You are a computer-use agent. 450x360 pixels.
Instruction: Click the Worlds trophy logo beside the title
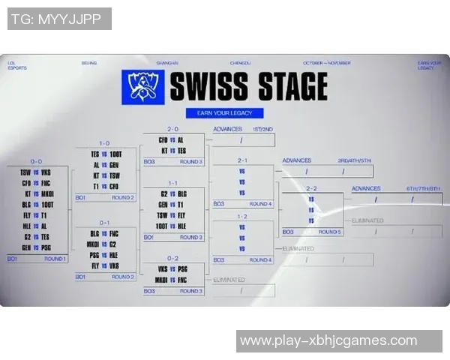[143, 88]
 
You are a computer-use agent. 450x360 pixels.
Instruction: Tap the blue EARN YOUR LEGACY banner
[225, 113]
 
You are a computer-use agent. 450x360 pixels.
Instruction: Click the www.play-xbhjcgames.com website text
[328, 341]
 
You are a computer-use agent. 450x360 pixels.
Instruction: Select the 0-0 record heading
[36, 161]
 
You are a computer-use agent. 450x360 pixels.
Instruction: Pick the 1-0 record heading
[104, 143]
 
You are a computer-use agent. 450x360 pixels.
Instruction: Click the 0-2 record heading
[172, 257]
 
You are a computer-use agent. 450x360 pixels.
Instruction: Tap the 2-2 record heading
[312, 188]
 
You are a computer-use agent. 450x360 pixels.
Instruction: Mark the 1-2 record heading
[242, 217]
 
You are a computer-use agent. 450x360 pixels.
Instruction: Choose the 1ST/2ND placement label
[262, 129]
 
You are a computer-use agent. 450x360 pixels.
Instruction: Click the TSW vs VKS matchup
[36, 172]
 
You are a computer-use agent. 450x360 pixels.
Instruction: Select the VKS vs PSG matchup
[172, 268]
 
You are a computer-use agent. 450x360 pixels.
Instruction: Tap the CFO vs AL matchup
[172, 140]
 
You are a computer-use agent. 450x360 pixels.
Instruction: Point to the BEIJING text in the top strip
[89, 63]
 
